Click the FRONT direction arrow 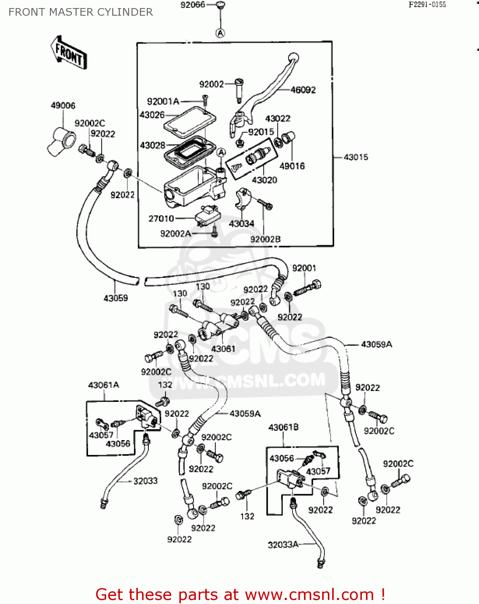point(69,53)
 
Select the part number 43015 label point(356,157)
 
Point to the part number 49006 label point(63,105)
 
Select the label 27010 point(161,219)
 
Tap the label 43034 point(241,223)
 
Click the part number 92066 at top point(193,5)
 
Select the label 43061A point(103,385)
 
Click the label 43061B point(283,427)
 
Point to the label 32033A point(283,545)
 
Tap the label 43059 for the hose point(116,298)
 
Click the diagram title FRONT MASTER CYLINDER point(80,12)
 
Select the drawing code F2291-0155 point(427,5)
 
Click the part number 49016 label point(292,166)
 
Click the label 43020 point(264,180)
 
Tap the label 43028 point(152,145)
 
